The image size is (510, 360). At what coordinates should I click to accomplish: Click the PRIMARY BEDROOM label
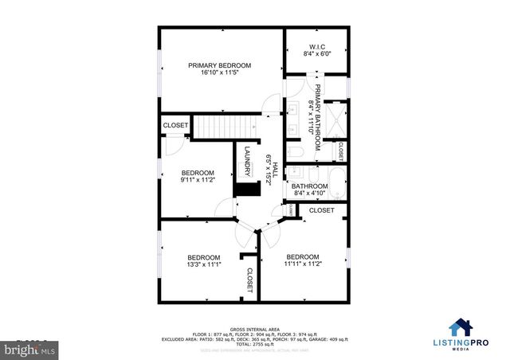(x=219, y=65)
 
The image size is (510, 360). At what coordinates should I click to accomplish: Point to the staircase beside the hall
(x=226, y=126)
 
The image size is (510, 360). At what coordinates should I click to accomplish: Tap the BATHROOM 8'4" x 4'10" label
(x=311, y=190)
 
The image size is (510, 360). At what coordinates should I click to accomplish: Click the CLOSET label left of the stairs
(x=175, y=126)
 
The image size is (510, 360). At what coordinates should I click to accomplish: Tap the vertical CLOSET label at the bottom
(x=249, y=280)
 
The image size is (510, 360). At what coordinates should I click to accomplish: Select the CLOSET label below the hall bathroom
(x=321, y=210)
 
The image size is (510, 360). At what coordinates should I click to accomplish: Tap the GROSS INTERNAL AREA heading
(x=254, y=327)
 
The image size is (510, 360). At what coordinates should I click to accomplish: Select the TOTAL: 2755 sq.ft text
(x=254, y=344)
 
